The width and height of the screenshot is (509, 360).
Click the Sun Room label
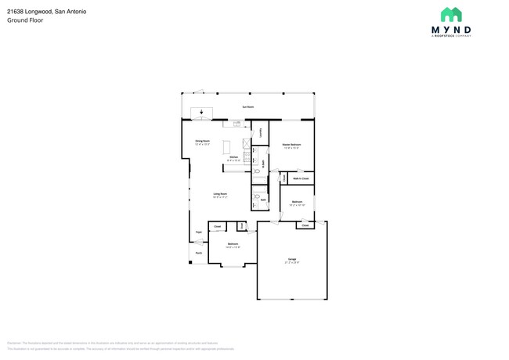pos(247,106)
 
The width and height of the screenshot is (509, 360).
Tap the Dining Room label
pos(203,142)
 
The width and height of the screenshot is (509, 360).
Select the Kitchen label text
pos(233,160)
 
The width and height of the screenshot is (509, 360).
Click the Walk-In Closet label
pos(301,179)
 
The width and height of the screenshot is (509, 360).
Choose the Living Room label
pos(220,195)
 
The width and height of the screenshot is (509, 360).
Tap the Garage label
pos(291,259)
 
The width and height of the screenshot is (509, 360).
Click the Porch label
pos(199,253)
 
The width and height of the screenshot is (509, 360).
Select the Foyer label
pos(199,232)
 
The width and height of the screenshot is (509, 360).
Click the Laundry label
pos(260,132)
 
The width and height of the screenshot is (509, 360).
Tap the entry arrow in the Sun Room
pos(203,113)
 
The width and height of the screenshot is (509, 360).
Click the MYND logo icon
pos(451,14)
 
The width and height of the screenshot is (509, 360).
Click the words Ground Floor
pos(25,20)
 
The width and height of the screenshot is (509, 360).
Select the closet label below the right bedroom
pos(305,225)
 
